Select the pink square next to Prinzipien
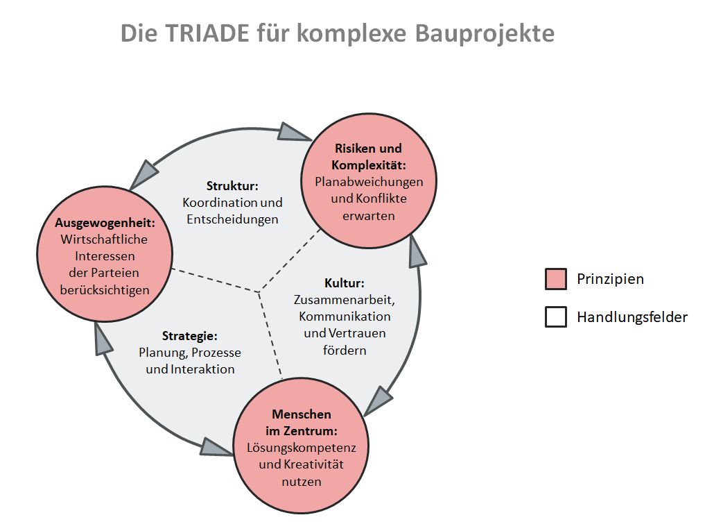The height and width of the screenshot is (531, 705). click(556, 279)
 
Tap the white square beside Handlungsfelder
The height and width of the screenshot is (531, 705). click(556, 317)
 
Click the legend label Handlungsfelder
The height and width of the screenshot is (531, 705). click(632, 317)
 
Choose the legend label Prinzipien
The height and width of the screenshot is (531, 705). click(610, 279)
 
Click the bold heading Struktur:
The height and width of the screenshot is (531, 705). click(232, 186)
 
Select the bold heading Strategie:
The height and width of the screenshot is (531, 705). click(190, 336)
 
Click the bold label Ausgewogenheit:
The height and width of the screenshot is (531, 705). click(105, 224)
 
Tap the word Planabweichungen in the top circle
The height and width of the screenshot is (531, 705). click(369, 182)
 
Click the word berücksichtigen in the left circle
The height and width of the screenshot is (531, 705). click(105, 289)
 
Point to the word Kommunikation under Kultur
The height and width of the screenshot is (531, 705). click(345, 317)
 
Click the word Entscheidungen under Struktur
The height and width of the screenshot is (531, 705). click(232, 219)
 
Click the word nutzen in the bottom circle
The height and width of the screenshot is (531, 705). click(301, 481)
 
